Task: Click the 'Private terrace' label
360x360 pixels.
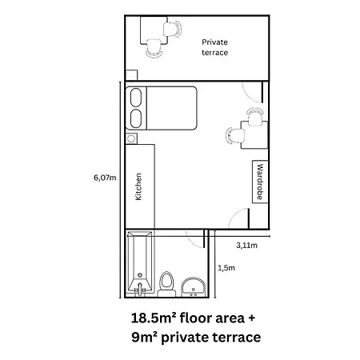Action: point(214,47)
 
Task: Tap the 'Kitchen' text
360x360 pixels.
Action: point(138,186)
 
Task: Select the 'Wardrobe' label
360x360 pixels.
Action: point(260,182)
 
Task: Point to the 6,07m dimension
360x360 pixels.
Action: point(105,178)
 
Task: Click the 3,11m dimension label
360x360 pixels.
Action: point(246,246)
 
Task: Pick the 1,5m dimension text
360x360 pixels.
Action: point(226,268)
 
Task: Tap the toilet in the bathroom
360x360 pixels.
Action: point(166,284)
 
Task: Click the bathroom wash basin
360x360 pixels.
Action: point(194,287)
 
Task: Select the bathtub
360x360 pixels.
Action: point(140,262)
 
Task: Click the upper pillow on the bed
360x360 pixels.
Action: point(136,98)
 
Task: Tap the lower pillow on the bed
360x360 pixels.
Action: point(136,118)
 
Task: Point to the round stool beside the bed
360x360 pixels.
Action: point(131,138)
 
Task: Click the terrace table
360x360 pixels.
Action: point(154,30)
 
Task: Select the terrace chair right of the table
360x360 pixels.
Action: point(173,30)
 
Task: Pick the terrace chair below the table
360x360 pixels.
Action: point(154,48)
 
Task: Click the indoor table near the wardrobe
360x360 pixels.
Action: point(254,135)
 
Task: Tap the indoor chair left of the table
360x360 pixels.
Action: point(235,135)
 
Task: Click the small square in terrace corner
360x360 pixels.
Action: point(131,75)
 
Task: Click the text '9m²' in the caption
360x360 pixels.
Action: point(144,337)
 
